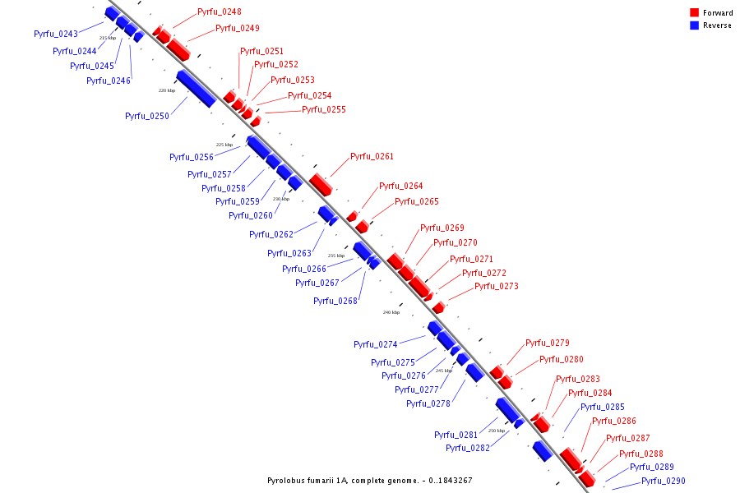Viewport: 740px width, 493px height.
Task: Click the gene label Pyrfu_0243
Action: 56,34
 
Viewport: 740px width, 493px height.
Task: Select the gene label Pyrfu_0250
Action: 147,116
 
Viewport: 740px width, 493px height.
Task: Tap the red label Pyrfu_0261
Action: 372,156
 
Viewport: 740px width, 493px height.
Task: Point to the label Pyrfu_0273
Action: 497,286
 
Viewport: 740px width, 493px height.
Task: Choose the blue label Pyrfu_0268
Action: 335,301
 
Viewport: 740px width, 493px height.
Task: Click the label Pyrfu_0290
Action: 664,481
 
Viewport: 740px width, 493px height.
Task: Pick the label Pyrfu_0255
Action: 324,109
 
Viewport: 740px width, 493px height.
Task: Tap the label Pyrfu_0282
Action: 468,448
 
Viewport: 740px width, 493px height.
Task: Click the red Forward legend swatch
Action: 695,13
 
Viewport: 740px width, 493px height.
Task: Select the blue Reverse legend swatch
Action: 695,25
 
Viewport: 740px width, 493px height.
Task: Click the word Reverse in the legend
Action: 717,25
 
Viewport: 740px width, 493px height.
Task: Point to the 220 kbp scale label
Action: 167,90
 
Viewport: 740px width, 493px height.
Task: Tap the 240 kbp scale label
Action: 391,312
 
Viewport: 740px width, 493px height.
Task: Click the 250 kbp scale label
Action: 497,430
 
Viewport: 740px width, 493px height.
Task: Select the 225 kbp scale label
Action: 224,145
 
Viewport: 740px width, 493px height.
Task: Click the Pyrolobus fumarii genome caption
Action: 370,480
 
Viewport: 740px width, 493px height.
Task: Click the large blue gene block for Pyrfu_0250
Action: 196,89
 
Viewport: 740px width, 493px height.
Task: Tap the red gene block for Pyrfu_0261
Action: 321,184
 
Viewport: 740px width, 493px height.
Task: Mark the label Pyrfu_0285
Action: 603,407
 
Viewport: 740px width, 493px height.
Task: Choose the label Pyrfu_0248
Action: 220,12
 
